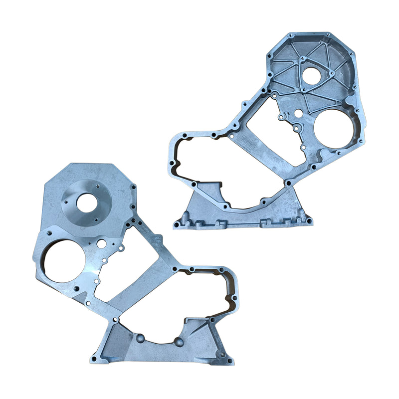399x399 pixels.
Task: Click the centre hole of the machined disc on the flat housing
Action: point(87,201)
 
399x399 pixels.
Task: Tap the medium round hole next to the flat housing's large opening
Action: point(101,244)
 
